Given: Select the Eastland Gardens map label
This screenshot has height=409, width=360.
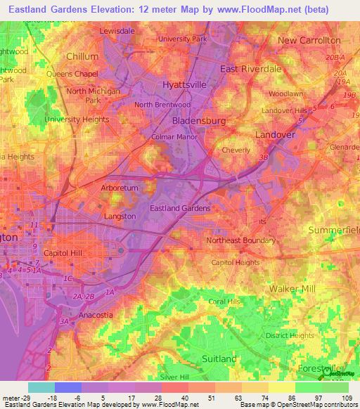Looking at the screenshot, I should (x=180, y=209).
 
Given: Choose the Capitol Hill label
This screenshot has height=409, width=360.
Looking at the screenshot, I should (x=63, y=253).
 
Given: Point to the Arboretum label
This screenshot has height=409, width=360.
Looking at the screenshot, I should (x=100, y=188).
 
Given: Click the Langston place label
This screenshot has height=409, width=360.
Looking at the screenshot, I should (x=120, y=216).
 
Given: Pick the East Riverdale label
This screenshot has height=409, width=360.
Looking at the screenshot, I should (x=250, y=69).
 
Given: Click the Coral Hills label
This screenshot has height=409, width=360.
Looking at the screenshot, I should (x=224, y=301).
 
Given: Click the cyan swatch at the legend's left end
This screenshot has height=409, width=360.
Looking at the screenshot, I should (x=41, y=387).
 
